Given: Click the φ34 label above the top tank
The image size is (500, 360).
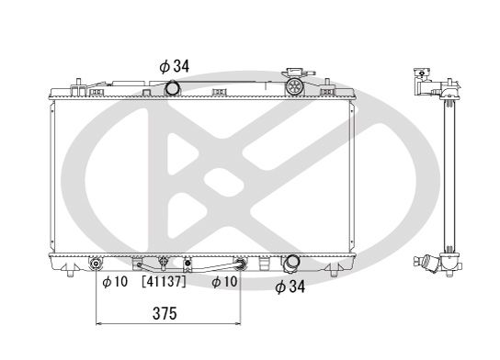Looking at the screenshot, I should [x=174, y=66].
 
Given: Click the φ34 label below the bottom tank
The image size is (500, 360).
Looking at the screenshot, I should [x=291, y=287].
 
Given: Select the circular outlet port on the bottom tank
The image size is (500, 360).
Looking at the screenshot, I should [x=290, y=264].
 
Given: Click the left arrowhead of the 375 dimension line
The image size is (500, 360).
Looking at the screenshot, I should [x=99, y=324].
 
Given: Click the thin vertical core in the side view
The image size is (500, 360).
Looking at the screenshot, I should [x=449, y=174].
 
